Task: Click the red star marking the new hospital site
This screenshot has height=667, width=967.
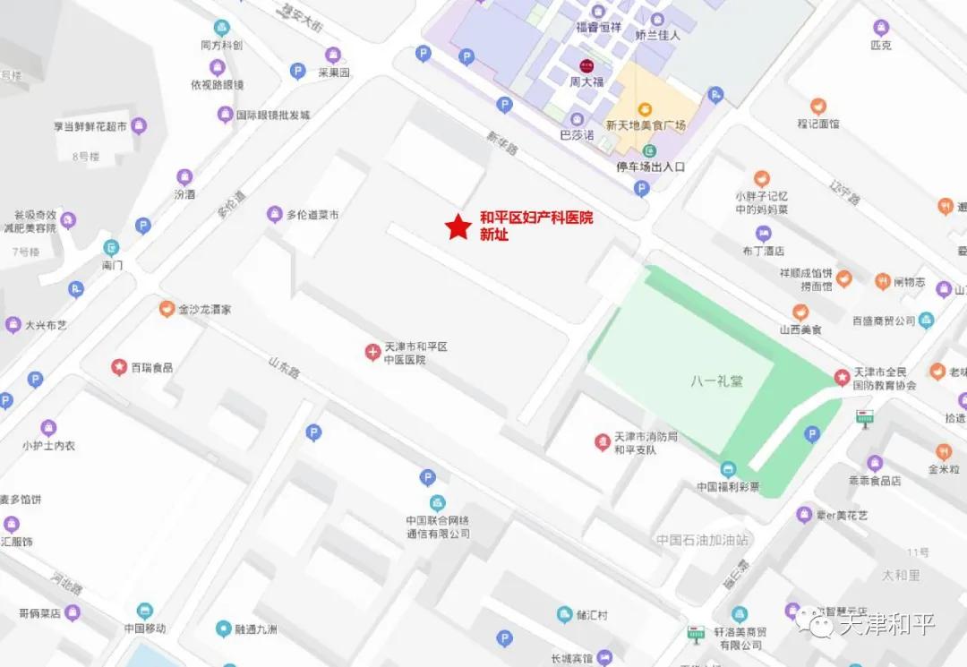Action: pyautogui.click(x=458, y=227)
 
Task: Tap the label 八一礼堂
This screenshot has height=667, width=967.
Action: pyautogui.click(x=716, y=381)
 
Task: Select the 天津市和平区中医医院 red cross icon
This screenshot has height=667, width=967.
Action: pyautogui.click(x=372, y=352)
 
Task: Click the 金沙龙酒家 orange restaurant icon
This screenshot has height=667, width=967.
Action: pyautogui.click(x=166, y=309)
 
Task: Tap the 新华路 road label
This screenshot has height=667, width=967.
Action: pyautogui.click(x=502, y=144)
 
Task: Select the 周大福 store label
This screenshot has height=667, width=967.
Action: pyautogui.click(x=587, y=81)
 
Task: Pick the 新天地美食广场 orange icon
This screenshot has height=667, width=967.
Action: pyautogui.click(x=644, y=109)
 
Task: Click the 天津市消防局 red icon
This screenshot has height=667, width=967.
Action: pyautogui.click(x=603, y=440)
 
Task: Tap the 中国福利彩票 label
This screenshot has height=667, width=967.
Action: pyautogui.click(x=728, y=487)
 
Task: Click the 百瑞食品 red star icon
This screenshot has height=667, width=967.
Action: pyautogui.click(x=118, y=367)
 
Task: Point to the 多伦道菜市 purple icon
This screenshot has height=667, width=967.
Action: pyautogui.click(x=274, y=214)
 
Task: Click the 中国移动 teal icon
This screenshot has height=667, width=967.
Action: pyautogui.click(x=145, y=611)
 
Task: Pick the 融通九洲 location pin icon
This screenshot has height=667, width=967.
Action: pyautogui.click(x=223, y=629)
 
